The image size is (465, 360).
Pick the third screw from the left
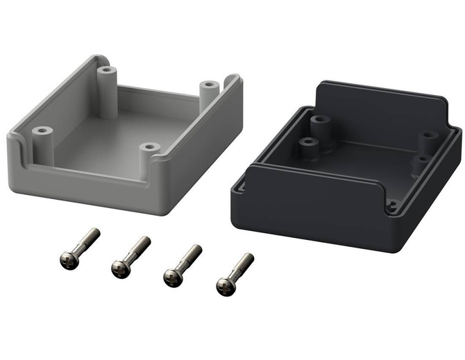(x=182, y=265)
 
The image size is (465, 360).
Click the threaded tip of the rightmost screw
(x=249, y=258)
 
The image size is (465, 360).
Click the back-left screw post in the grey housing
(x=105, y=72)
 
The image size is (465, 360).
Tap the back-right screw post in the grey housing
(x=208, y=87)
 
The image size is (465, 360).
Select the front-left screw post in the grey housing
(x=42, y=132)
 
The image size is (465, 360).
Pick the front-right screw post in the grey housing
(x=148, y=148)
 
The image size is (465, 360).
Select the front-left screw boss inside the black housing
(x=309, y=146)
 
